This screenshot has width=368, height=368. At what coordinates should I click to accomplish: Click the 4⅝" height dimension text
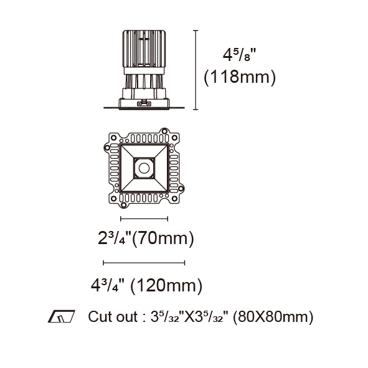point(239,55)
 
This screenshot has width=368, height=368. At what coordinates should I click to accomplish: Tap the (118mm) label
point(240,77)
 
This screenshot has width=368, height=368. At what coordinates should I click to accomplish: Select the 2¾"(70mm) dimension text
point(146,238)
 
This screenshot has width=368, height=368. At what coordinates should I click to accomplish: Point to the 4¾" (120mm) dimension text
point(146,285)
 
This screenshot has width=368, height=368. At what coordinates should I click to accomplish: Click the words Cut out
point(113,316)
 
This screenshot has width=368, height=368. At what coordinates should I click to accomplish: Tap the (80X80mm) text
point(273,317)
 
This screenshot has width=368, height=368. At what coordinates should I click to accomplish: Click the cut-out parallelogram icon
point(62,316)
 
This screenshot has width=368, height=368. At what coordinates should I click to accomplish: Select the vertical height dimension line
point(196,70)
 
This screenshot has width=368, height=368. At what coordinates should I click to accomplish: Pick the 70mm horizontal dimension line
point(144,219)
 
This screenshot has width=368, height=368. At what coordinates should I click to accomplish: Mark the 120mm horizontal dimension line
point(144,263)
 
